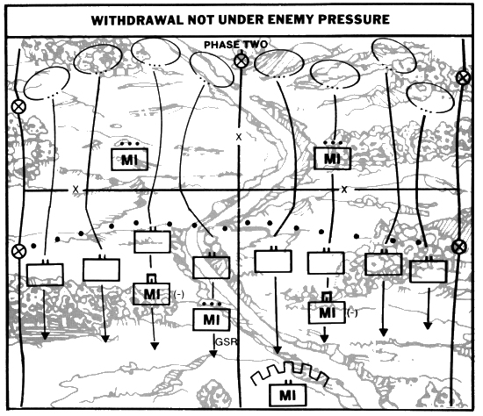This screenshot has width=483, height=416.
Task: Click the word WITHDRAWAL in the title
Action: [138, 20]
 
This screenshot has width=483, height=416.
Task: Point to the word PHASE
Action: [221, 45]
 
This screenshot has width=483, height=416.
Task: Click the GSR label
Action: [227, 341]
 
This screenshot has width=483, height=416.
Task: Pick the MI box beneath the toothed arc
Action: [288, 394]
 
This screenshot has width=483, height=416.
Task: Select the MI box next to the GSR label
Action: [212, 319]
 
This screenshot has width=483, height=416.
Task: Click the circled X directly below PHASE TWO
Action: [241, 61]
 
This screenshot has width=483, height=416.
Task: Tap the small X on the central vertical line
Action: [239, 137]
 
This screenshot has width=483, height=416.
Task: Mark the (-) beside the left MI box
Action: [178, 294]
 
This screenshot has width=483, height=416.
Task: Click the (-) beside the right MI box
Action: [352, 312]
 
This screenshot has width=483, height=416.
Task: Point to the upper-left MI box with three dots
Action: [129, 159]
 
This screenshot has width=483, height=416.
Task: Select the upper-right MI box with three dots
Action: [332, 158]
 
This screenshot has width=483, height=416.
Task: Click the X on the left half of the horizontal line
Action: [76, 190]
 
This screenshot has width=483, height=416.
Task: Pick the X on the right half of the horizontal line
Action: [344, 190]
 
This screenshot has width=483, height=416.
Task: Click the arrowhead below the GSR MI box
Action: [213, 354]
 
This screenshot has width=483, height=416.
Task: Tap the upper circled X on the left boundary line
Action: [18, 107]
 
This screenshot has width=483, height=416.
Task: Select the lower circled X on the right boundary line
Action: [459, 247]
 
